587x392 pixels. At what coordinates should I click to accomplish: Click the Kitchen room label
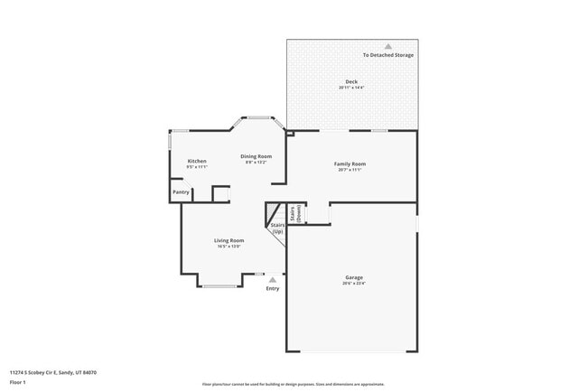(197, 161)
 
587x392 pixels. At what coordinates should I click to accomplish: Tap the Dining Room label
(256, 156)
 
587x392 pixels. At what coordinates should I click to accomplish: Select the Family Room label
(350, 163)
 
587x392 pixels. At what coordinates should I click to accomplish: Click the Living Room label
(228, 240)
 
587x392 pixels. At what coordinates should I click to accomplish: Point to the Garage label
(353, 277)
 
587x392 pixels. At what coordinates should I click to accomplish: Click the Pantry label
(181, 191)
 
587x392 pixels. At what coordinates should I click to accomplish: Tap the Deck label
(351, 81)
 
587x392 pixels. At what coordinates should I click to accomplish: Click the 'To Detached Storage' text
(388, 55)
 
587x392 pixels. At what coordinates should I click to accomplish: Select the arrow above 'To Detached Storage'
(388, 45)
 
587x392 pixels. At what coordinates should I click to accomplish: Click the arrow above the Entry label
(273, 280)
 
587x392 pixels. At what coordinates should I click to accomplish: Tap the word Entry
(273, 289)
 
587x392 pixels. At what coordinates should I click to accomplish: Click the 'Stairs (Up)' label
(277, 229)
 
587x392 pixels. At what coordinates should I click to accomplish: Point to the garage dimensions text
(353, 284)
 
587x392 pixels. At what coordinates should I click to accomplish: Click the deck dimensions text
(351, 88)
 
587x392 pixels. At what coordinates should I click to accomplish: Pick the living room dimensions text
(228, 247)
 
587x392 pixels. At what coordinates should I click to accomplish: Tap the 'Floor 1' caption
(18, 382)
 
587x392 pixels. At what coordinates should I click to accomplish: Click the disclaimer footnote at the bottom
(293, 384)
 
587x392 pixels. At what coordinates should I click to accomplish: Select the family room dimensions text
(350, 170)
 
